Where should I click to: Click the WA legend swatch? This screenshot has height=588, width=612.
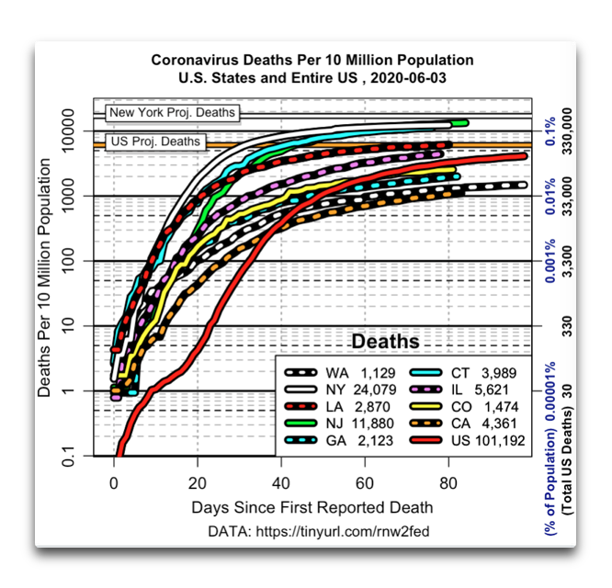[x=300, y=373]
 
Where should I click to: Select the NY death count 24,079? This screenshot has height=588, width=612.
[x=375, y=390]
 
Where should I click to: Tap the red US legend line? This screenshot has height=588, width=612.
[x=426, y=440]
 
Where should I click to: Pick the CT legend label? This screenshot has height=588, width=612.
[x=460, y=373]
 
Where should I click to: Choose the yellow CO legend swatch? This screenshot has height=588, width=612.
[x=426, y=407]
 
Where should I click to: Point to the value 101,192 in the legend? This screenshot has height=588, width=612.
[x=500, y=440]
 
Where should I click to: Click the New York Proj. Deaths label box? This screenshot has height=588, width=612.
[x=172, y=112]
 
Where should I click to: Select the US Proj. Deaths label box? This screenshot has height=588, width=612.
[x=155, y=141]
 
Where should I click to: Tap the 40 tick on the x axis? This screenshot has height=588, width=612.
[x=281, y=483]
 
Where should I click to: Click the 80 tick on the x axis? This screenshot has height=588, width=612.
[x=448, y=483]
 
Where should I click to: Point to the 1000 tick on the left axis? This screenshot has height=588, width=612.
[x=67, y=195]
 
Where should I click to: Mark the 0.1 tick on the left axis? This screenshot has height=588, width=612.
[x=67, y=456]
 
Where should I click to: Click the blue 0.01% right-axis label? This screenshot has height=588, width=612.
[x=550, y=197]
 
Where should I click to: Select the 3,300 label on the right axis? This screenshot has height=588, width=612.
[x=567, y=261]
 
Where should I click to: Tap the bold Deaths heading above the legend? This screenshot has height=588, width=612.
[x=385, y=342]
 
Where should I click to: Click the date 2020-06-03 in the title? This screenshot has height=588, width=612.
[x=408, y=78]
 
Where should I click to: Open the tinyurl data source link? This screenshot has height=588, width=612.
[x=343, y=531]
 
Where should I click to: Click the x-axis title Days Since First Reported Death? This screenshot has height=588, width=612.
[x=312, y=508]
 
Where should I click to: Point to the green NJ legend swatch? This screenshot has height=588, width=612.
[x=300, y=424]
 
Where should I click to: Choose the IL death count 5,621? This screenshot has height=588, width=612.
[x=492, y=390]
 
